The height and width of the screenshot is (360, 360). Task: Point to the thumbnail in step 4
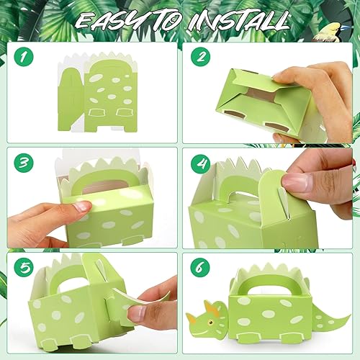pos(297,181)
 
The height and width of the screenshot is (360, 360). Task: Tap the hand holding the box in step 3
pos(54,216)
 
